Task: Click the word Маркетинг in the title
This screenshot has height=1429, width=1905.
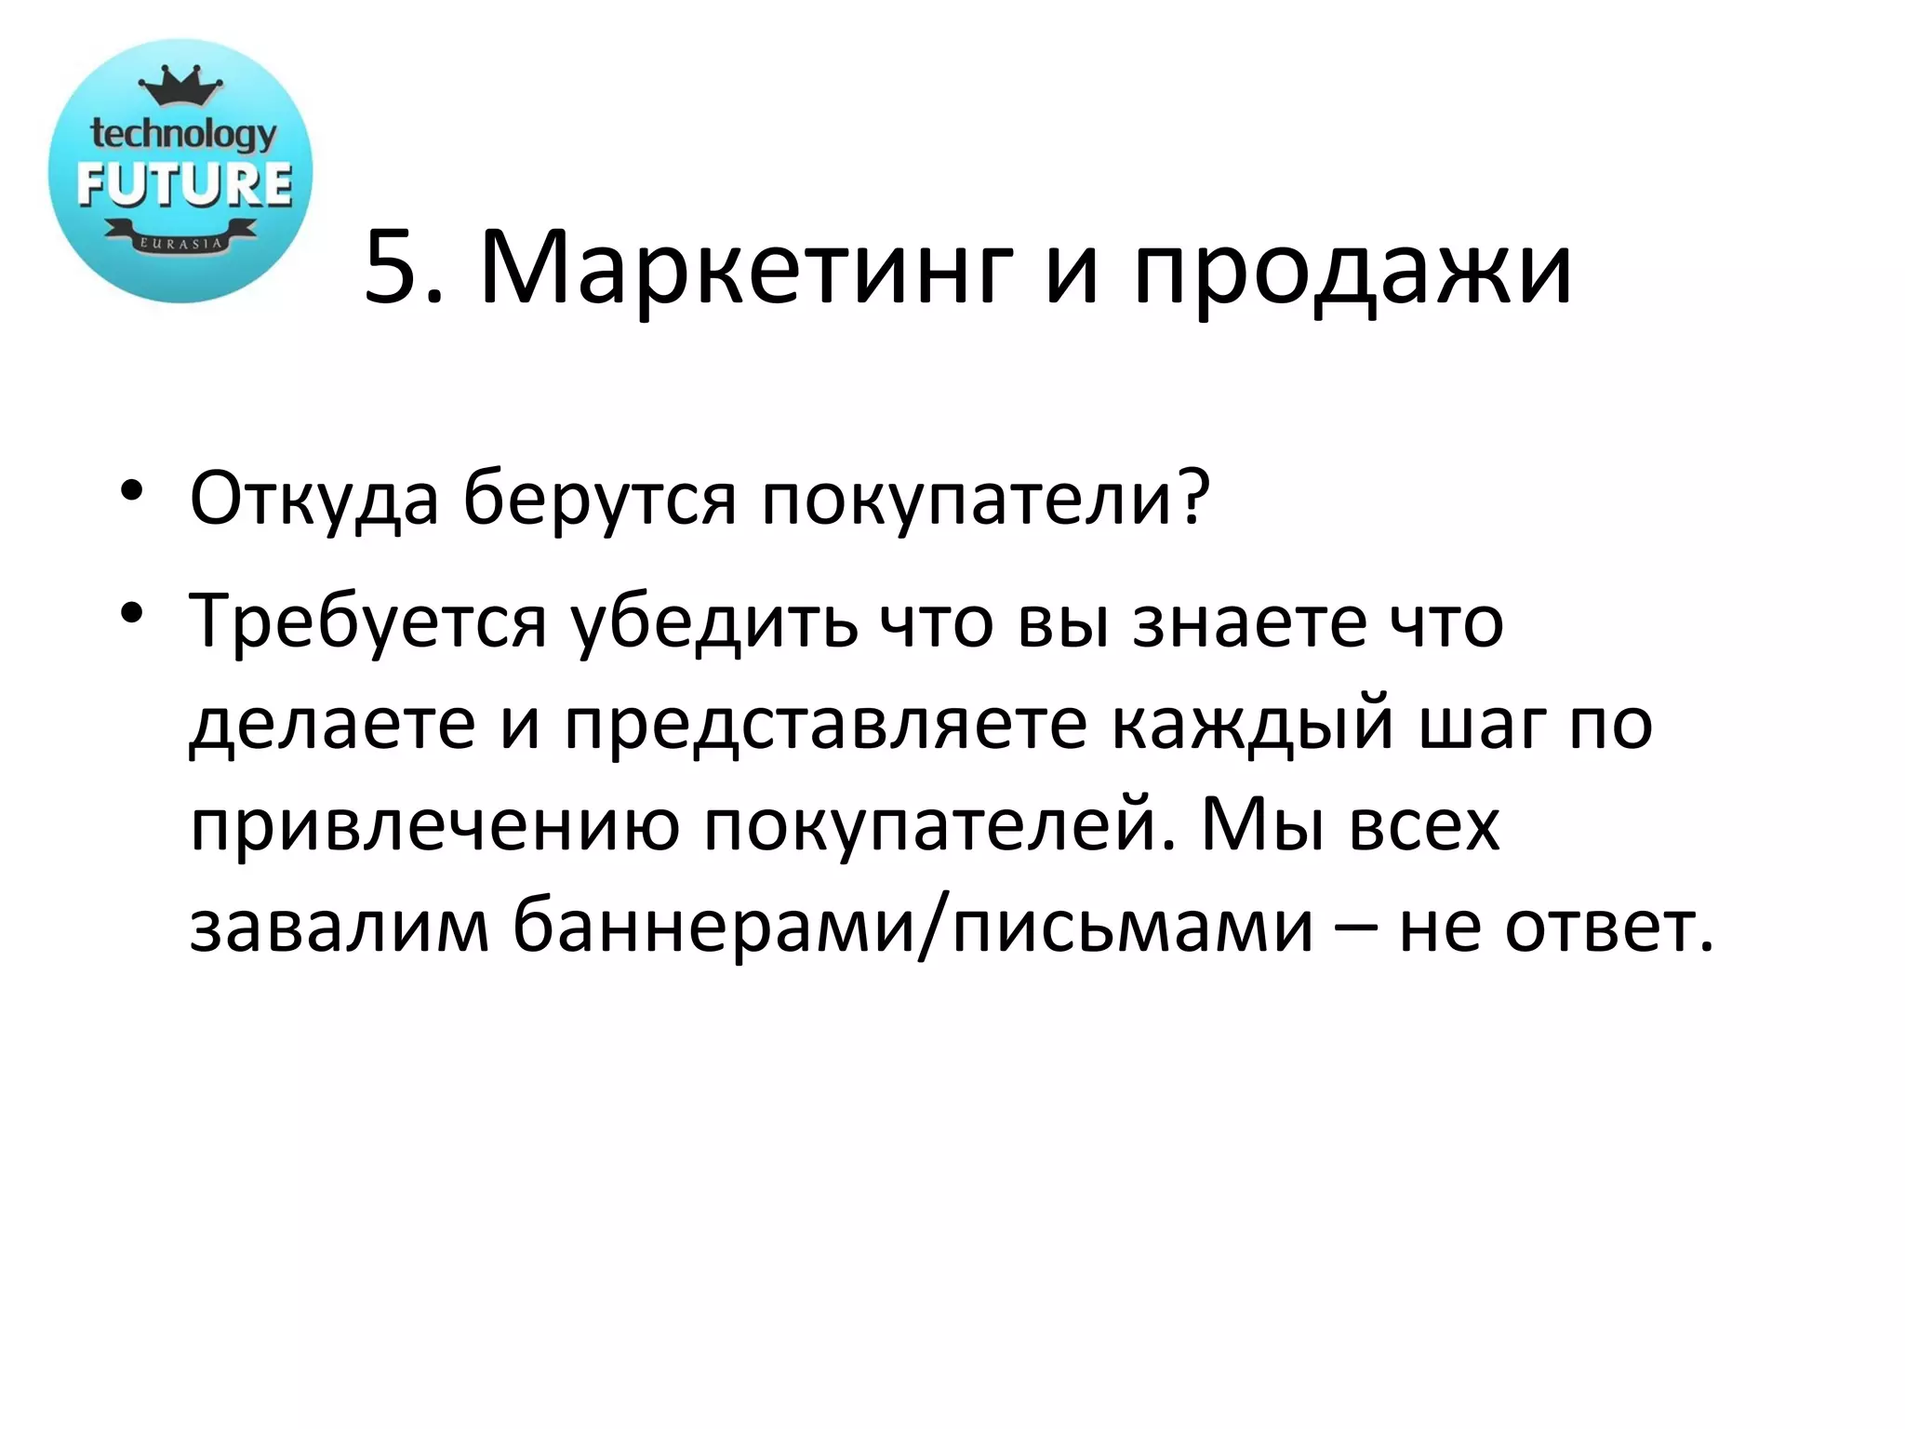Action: (744, 270)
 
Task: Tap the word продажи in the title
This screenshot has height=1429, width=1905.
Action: (1352, 270)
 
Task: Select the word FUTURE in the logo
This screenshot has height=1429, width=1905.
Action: (184, 183)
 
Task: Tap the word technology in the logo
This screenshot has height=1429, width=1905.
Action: (183, 135)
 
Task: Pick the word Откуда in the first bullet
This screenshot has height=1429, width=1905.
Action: (313, 500)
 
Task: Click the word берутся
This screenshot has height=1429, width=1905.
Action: (600, 500)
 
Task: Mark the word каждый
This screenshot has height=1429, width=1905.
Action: (1251, 724)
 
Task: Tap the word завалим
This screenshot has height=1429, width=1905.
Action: (339, 927)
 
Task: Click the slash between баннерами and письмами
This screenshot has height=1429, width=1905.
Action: (934, 927)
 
